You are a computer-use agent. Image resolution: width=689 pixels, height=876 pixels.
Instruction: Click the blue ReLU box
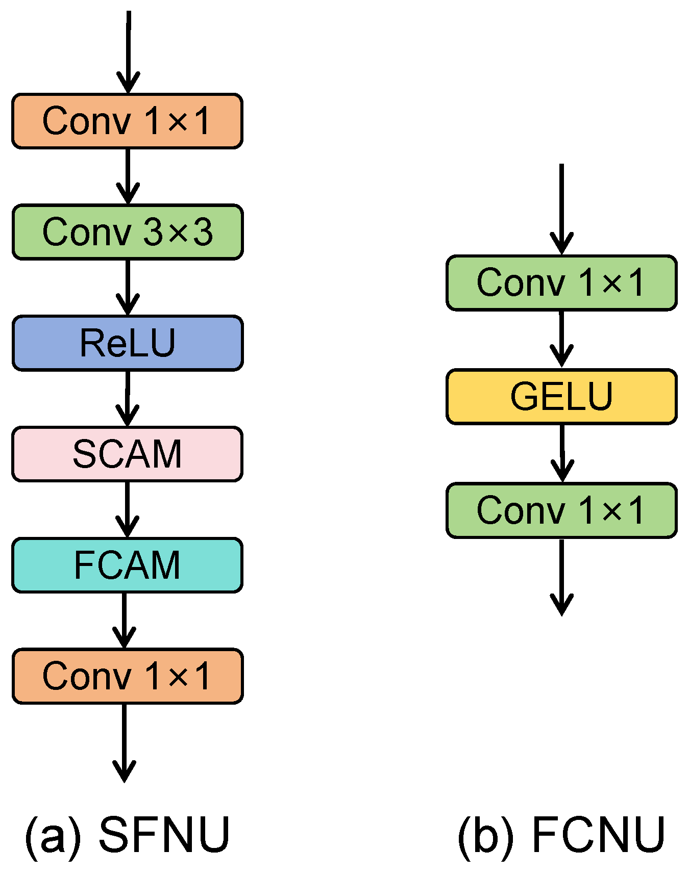[x=128, y=343]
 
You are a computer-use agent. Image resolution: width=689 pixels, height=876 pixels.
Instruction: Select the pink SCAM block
[x=128, y=454]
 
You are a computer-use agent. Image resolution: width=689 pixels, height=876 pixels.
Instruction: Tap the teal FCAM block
[x=128, y=565]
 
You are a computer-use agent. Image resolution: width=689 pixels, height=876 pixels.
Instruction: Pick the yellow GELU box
[x=561, y=396]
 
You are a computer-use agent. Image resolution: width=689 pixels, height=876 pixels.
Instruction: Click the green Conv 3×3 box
[x=128, y=232]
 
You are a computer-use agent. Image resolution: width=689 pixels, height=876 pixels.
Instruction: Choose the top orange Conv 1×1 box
[x=128, y=121]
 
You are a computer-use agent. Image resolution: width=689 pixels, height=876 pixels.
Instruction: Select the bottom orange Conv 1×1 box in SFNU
[x=128, y=676]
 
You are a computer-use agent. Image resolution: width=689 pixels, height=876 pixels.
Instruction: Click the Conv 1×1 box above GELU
[x=561, y=282]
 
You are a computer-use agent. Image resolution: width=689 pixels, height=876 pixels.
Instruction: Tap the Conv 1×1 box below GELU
[x=561, y=510]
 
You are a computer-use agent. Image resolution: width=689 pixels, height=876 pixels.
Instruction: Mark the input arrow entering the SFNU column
[x=128, y=51]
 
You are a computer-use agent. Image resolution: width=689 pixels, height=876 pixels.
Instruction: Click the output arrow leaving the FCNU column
[x=561, y=576]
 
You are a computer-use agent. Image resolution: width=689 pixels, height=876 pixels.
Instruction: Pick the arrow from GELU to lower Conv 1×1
[x=562, y=453]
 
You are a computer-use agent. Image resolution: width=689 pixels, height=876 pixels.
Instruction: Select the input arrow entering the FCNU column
[x=561, y=209]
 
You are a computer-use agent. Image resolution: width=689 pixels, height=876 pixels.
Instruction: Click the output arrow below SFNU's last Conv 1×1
[x=124, y=742]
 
